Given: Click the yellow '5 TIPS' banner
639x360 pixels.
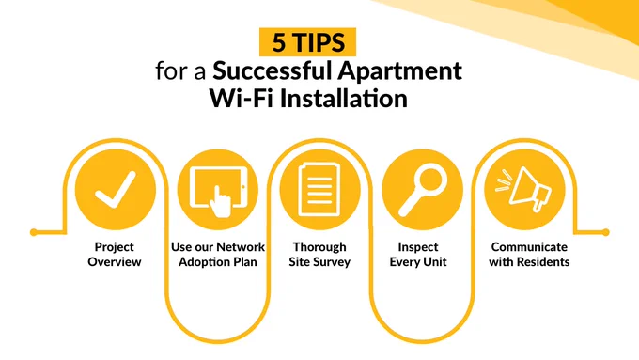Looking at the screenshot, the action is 307,42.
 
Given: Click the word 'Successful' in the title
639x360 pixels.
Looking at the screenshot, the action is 272,70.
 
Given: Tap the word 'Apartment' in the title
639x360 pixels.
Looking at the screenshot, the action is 399,71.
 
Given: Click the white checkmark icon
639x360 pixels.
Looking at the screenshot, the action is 116,189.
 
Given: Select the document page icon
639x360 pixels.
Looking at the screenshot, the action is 319,190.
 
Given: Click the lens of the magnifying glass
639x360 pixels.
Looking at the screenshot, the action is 430,180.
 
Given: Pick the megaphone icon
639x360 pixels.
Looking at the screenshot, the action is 529,189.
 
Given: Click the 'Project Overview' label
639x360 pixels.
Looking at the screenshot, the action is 115,254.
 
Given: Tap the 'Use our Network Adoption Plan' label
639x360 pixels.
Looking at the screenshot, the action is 218,254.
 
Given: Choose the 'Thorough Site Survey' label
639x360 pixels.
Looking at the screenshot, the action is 319,254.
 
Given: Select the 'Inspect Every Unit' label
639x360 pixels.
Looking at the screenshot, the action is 418,254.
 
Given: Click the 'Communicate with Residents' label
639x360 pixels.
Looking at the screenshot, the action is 529,254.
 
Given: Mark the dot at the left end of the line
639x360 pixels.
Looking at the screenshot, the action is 34,232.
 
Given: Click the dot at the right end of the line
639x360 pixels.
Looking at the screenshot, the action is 605,232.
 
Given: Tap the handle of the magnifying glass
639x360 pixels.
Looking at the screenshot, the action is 409,205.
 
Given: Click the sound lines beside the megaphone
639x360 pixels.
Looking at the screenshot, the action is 504,181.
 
